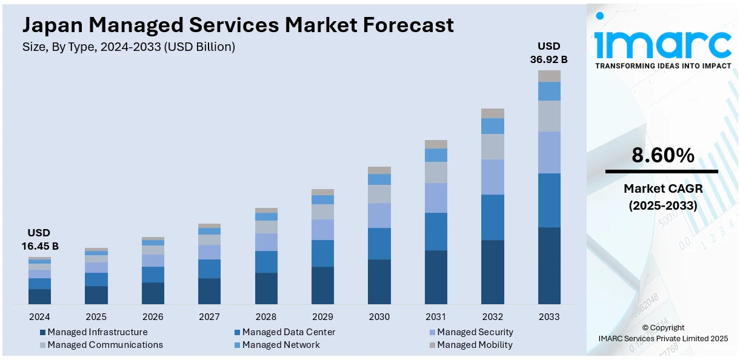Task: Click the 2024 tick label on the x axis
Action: point(39,316)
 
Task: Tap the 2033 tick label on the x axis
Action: point(549,316)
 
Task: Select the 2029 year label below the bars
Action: point(322,316)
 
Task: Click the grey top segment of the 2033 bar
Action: point(549,76)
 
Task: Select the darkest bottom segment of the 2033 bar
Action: point(549,265)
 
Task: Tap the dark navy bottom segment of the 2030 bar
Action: point(379,281)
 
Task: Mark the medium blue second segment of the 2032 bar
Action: point(493,217)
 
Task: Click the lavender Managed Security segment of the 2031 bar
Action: point(436,198)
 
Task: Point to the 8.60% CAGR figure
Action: point(662,156)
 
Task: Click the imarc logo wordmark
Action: point(662,42)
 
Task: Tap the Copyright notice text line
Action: point(662,328)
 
